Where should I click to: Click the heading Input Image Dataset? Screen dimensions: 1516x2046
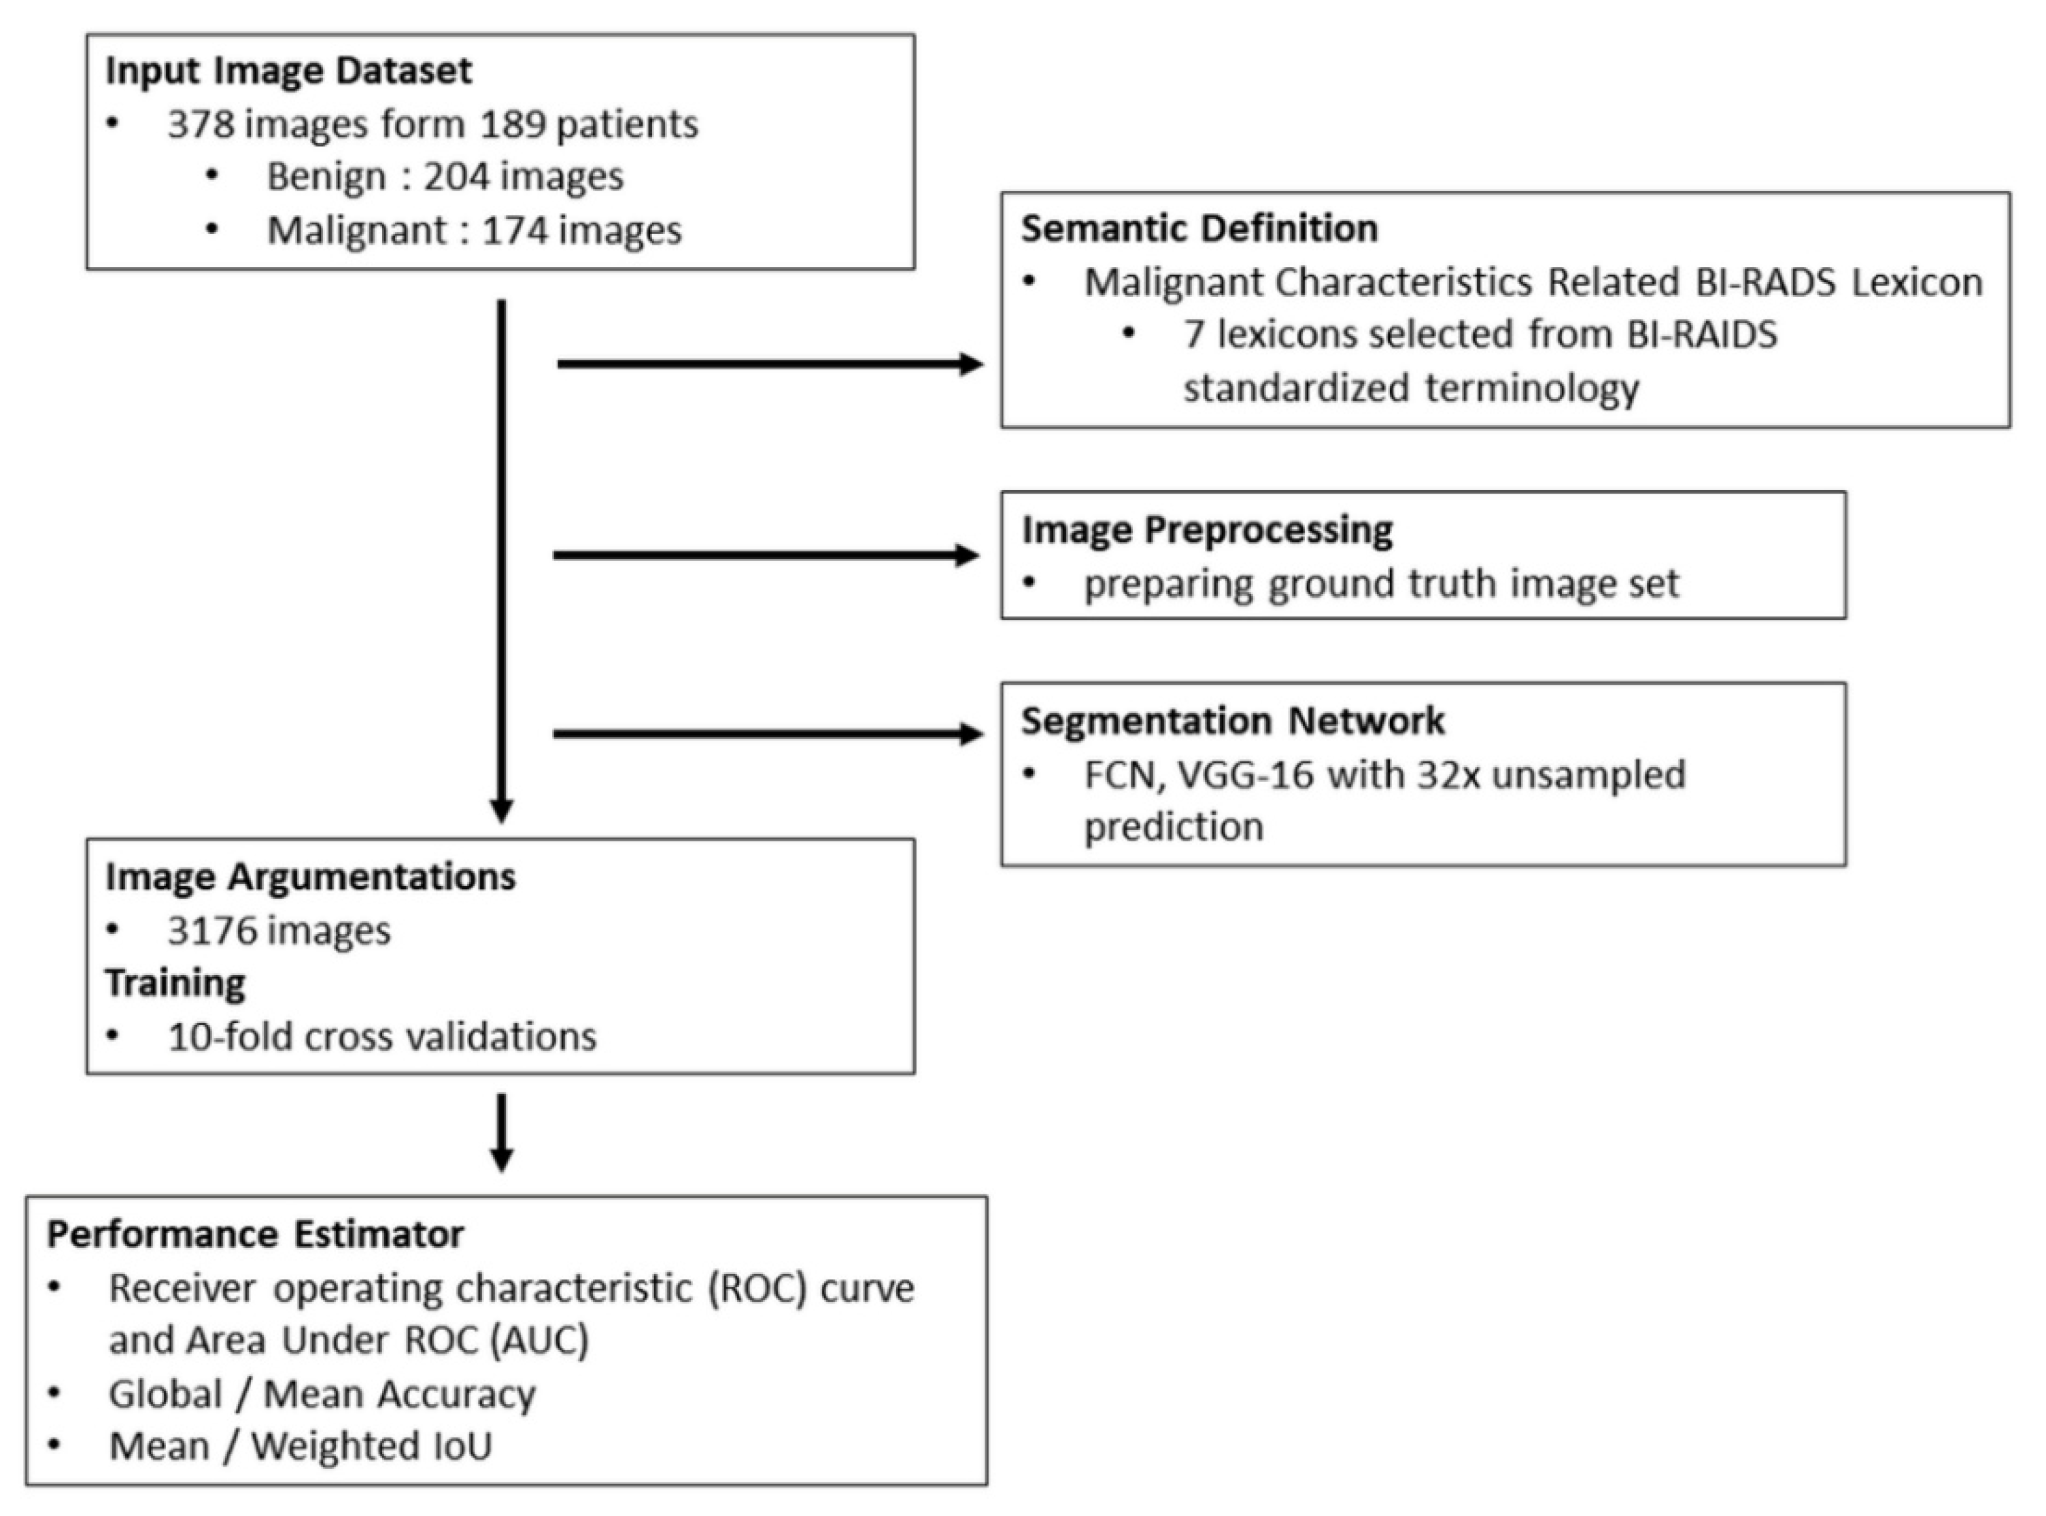point(288,71)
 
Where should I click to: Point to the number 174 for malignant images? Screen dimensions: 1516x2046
point(514,230)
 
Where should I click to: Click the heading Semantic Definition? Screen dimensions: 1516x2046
point(1199,228)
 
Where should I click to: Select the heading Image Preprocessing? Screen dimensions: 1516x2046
point(1207,530)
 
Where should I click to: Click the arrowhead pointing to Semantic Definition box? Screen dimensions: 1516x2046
point(971,364)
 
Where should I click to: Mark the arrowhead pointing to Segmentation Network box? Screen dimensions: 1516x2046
point(971,734)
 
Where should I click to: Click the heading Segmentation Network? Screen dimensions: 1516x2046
point(1233,721)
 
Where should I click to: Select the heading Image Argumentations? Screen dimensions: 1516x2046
point(310,876)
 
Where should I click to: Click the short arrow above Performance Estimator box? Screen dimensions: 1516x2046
point(501,1133)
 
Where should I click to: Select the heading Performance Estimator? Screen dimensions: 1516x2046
point(255,1235)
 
